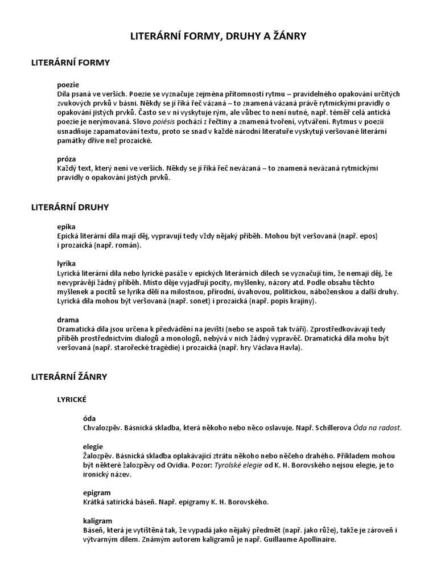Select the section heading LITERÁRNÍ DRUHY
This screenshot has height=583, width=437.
(x=69, y=207)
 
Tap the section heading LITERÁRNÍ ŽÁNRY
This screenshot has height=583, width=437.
(x=69, y=377)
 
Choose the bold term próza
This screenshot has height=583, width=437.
(x=67, y=159)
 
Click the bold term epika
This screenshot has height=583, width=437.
(x=66, y=227)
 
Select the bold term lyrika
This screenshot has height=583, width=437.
(x=66, y=265)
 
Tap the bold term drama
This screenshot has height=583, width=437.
(x=68, y=320)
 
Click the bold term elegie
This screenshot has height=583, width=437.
(x=93, y=446)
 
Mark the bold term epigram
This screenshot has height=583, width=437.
(x=96, y=492)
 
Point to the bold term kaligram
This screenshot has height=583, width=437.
(x=97, y=520)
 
